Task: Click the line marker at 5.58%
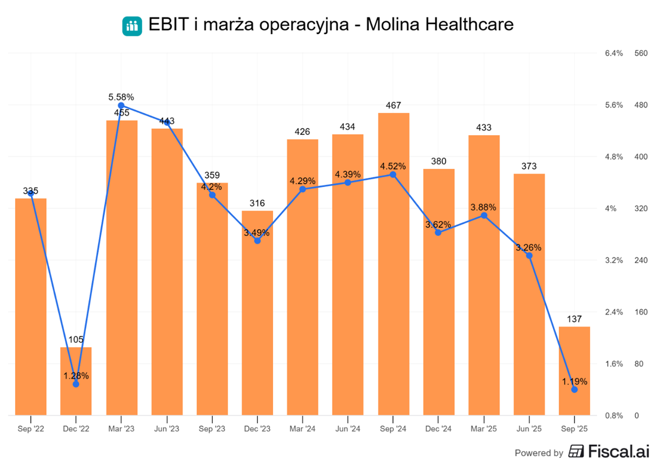[121, 105]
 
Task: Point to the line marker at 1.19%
[574, 390]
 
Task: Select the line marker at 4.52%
[393, 174]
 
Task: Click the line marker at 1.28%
[76, 384]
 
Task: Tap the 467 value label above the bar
[393, 106]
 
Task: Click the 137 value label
[574, 319]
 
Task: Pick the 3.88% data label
[484, 207]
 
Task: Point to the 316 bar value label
[257, 204]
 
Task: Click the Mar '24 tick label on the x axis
[302, 429]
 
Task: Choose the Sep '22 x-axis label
[31, 429]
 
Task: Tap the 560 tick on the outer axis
[641, 53]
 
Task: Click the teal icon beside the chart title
[132, 26]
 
